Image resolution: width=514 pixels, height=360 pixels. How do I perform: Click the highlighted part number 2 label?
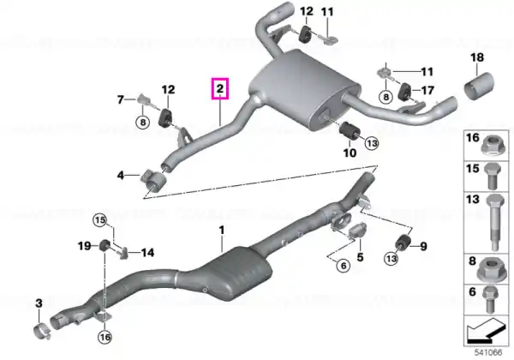pyautogui.click(x=220, y=88)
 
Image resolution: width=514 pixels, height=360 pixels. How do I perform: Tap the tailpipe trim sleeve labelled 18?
pyautogui.click(x=479, y=86)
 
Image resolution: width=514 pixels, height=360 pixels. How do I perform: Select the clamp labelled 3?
pyautogui.click(x=42, y=331)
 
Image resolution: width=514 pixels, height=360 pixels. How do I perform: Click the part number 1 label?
pyautogui.click(x=222, y=230)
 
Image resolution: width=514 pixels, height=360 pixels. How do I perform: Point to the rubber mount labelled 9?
pyautogui.click(x=403, y=243)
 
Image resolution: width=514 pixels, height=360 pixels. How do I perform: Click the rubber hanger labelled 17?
pyautogui.click(x=405, y=91)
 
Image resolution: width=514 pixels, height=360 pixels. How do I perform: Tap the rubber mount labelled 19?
pyautogui.click(x=105, y=246)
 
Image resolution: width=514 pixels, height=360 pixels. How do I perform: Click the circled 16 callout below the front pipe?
pyautogui.click(x=105, y=337)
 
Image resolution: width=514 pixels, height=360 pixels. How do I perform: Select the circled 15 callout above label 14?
pyautogui.click(x=100, y=219)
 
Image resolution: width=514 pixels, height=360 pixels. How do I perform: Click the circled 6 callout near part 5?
pyautogui.click(x=344, y=265)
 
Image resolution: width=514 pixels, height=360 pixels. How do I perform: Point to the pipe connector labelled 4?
pyautogui.click(x=152, y=179)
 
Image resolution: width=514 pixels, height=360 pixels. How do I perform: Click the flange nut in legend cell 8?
pyautogui.click(x=489, y=269)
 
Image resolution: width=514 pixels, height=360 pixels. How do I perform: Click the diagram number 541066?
pyautogui.click(x=488, y=353)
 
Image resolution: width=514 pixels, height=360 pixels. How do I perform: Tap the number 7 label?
pyautogui.click(x=121, y=99)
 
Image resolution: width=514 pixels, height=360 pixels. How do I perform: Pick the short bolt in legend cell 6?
pyautogui.click(x=490, y=298)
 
